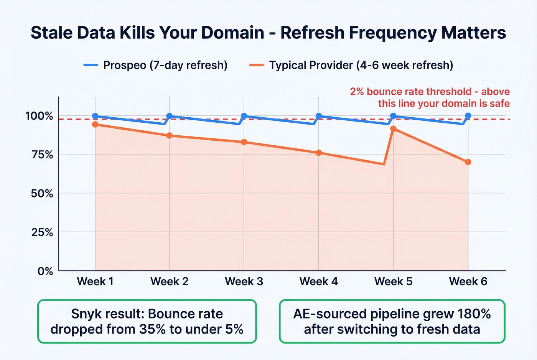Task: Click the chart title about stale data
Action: tap(268, 33)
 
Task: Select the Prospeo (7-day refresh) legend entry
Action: tap(156, 65)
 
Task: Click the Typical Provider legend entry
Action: tap(351, 65)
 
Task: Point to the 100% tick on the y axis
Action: tap(39, 116)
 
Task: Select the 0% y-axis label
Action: tap(45, 271)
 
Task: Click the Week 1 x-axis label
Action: tap(95, 281)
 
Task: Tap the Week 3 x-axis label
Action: tap(244, 281)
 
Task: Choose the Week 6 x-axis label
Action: tap(468, 281)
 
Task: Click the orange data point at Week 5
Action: tap(393, 129)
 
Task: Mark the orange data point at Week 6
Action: tap(468, 162)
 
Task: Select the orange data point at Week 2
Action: tap(169, 136)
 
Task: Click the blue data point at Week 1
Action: tap(95, 116)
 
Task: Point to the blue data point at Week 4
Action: tap(318, 116)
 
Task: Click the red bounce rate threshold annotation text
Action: tap(430, 97)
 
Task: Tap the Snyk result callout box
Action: tap(147, 321)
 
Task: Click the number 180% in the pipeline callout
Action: tap(474, 314)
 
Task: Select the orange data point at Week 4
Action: tap(318, 153)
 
